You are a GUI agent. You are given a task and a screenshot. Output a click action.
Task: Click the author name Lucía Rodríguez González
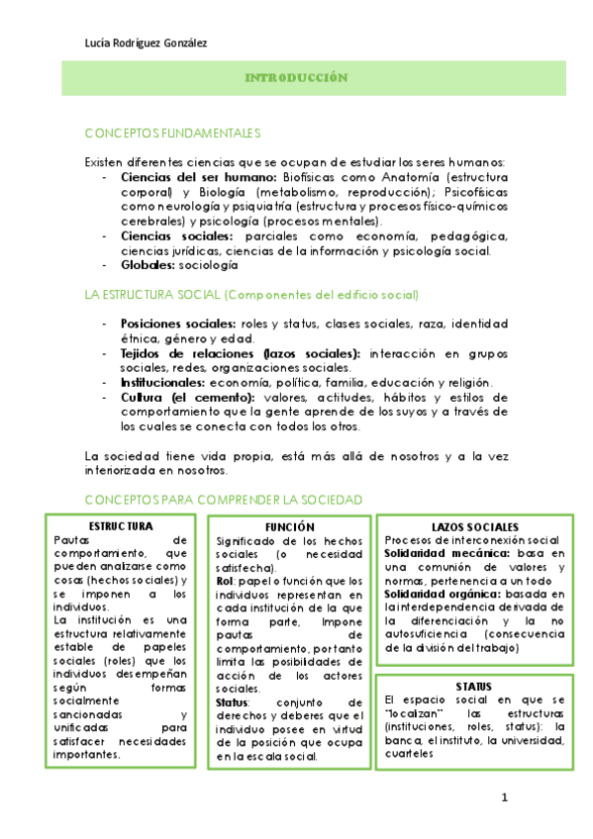(147, 42)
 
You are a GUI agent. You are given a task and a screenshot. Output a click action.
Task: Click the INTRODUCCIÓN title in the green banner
(296, 76)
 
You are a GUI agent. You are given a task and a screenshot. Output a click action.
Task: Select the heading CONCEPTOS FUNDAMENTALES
(172, 133)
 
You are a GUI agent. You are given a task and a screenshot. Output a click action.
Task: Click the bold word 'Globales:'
(148, 266)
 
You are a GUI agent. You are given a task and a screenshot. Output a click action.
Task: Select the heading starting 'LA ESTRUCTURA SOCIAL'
(251, 295)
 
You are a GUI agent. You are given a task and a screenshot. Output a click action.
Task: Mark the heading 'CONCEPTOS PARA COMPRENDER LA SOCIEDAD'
(224, 501)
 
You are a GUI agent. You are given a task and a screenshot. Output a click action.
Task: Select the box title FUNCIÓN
(289, 527)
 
